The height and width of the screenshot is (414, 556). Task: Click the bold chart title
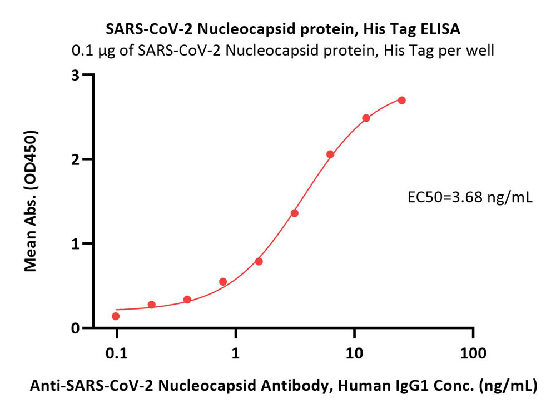tap(283, 29)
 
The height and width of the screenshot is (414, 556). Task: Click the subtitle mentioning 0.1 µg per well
tap(283, 51)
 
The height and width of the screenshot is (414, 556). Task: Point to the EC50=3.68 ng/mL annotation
tap(470, 197)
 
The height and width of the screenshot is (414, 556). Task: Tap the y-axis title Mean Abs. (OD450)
tap(31, 201)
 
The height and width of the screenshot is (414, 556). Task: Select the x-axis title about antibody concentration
tap(284, 386)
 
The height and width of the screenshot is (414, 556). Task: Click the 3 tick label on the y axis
tap(75, 75)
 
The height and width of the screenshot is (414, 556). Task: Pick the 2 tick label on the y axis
tap(75, 159)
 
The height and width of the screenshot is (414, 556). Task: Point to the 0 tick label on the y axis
tap(75, 328)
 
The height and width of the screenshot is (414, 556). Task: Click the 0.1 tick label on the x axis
tap(117, 353)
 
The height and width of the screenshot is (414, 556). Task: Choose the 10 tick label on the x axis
tap(354, 353)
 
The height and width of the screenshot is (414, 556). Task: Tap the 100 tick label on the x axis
tap(473, 353)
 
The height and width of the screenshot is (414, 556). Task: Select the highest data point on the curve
tap(402, 101)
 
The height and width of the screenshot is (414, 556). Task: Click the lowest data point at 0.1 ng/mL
tap(116, 316)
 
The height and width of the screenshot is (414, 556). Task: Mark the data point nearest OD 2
tap(330, 154)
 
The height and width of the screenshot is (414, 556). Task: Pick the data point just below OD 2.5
tap(366, 118)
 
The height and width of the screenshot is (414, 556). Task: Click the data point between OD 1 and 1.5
tap(294, 213)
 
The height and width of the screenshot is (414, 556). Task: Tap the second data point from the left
tap(151, 305)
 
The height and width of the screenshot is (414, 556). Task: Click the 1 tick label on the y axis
tap(75, 244)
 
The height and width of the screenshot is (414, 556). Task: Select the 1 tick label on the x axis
tap(235, 353)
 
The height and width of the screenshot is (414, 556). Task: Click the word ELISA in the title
tap(440, 29)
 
